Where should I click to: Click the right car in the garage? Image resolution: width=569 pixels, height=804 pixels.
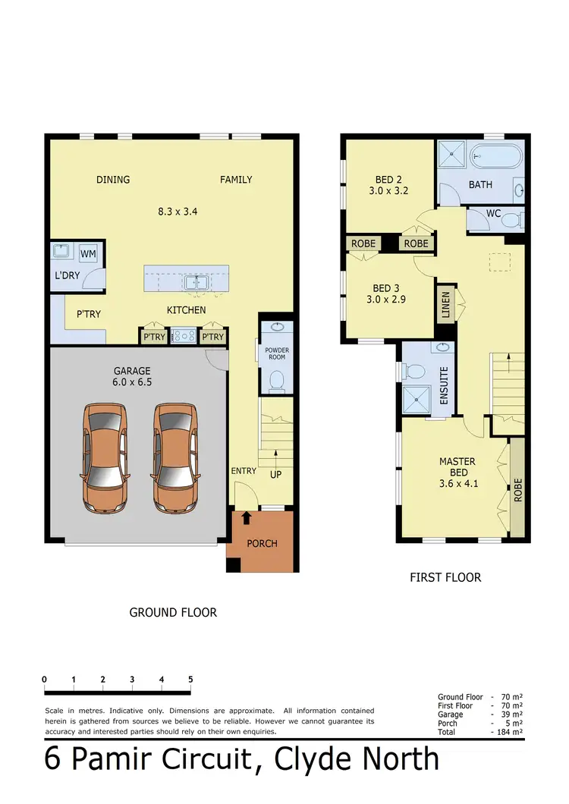(177, 457)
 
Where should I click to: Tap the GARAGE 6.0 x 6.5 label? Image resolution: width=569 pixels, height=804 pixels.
(133, 376)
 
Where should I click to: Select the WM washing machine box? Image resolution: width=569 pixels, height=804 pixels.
(88, 253)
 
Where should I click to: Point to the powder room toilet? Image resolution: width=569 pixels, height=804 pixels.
(276, 379)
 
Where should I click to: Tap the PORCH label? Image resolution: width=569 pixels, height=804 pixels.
(262, 543)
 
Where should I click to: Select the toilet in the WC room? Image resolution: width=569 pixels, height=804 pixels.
(514, 221)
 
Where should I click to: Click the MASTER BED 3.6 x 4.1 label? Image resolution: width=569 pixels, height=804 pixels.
(457, 472)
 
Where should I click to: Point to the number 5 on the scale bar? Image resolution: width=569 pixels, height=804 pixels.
(190, 680)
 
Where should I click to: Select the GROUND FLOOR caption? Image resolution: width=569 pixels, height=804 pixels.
(173, 612)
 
